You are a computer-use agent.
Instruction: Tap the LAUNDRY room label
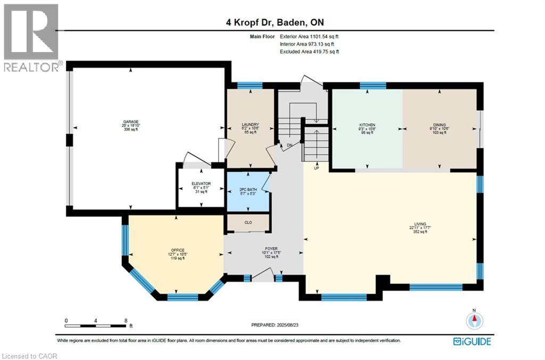[x=250, y=124]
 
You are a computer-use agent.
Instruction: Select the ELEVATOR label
[x=197, y=184]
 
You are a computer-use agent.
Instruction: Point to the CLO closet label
[x=248, y=223]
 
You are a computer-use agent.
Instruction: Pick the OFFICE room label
[x=177, y=250]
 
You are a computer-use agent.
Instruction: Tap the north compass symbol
[x=474, y=320]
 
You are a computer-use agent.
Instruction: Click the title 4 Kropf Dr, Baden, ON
[x=272, y=23]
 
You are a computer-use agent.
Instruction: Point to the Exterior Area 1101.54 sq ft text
[x=309, y=37]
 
